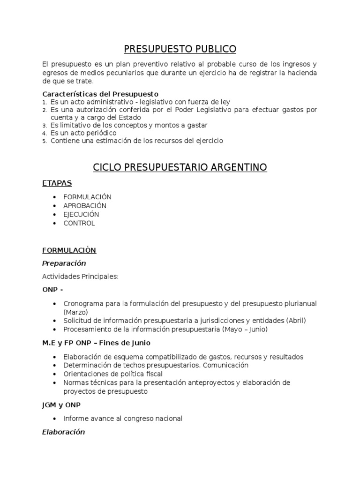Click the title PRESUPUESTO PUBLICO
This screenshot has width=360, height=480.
(180, 49)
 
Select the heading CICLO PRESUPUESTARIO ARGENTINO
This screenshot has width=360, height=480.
(180, 167)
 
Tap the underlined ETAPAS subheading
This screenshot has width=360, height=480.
(57, 183)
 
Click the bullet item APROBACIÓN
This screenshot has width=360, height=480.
(85, 206)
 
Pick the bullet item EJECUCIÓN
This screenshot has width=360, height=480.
(81, 214)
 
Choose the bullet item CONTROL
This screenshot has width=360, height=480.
(79, 223)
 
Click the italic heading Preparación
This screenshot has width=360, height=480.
(64, 263)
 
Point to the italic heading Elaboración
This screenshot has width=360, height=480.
(63, 432)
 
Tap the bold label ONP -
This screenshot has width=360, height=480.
(52, 290)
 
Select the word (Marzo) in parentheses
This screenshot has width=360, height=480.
(75, 312)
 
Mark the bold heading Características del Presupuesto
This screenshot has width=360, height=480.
(100, 94)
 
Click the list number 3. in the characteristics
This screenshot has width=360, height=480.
(45, 126)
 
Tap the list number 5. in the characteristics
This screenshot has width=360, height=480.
(45, 141)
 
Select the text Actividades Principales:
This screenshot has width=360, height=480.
(80, 277)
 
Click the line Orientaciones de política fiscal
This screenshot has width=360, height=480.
(113, 374)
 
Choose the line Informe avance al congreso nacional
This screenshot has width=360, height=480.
(123, 419)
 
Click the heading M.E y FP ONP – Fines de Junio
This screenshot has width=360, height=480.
(96, 343)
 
